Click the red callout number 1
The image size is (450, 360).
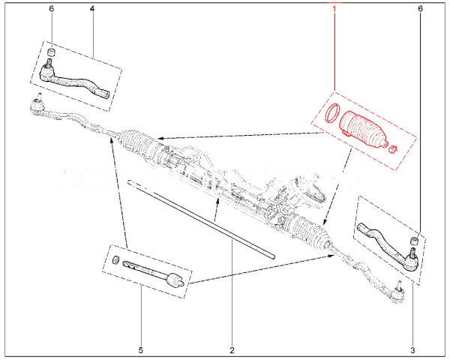pos(334,9)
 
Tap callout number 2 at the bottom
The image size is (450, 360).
pos(232,350)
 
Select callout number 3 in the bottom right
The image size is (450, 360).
pos(412,350)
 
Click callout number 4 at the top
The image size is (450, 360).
pos(91,9)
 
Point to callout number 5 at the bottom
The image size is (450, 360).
pos(141,350)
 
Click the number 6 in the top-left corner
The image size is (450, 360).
pos(51,9)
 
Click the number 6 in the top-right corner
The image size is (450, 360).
pos(420,9)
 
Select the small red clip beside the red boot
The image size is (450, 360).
pos(392,149)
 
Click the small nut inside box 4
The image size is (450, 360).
pos(51,52)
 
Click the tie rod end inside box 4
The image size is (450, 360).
pos(73,80)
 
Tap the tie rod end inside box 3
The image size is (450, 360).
pos(388,246)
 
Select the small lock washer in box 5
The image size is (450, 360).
pos(115,259)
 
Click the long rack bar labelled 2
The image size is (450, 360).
pos(202,219)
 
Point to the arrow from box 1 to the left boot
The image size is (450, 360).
pos(241,135)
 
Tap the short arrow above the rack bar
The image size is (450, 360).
pos(217,209)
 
